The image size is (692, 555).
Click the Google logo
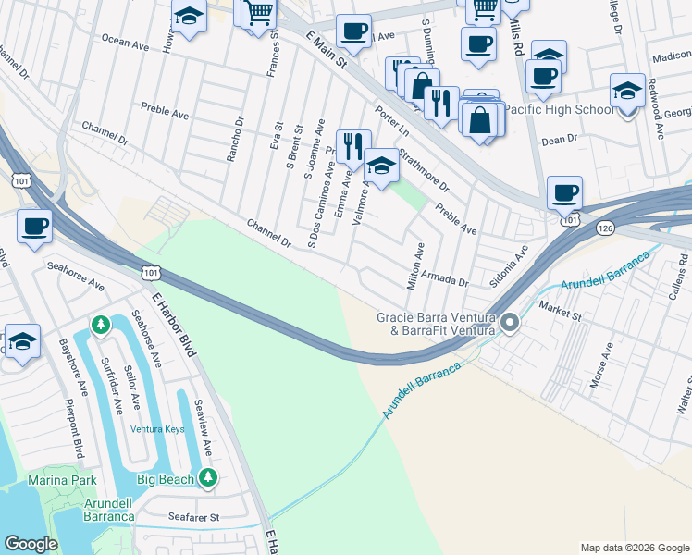click(31, 544)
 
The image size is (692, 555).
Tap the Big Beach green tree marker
click(208, 477)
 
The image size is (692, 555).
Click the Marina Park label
click(64, 480)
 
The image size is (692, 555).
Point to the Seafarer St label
click(194, 517)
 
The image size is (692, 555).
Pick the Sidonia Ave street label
click(509, 265)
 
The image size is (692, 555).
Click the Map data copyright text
click(635, 547)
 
